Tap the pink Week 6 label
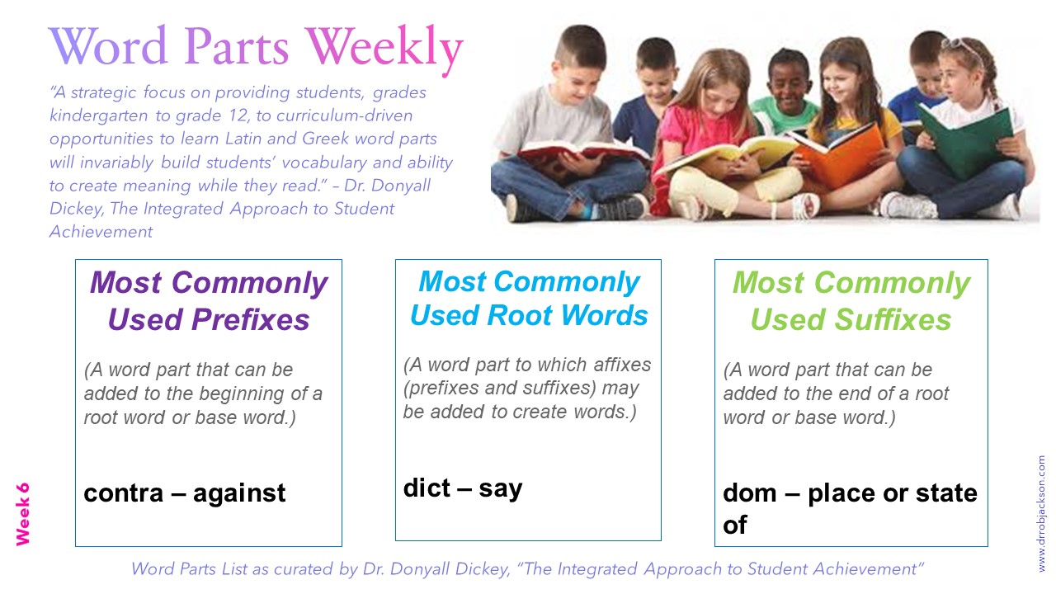(22, 513)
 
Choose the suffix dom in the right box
(749, 493)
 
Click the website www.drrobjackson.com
(1041, 513)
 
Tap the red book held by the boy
(577, 153)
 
